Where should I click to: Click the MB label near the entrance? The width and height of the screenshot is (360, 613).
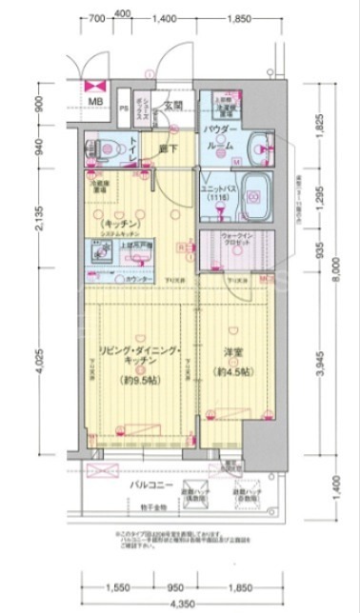point(96,101)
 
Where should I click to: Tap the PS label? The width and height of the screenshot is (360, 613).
point(124,108)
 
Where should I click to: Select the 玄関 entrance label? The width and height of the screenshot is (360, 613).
point(172,106)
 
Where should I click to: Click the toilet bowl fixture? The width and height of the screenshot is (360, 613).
point(106,148)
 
